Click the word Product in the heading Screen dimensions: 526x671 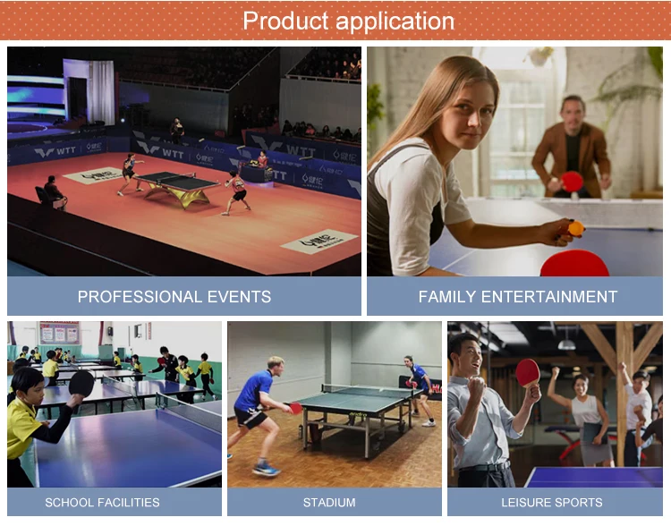[285, 21]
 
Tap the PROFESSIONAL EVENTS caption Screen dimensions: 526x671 [174, 296]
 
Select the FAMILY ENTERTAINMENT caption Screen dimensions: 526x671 [517, 296]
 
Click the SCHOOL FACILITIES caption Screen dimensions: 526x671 [102, 502]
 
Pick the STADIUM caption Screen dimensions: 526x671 [329, 502]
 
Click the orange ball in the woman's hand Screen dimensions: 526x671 [576, 228]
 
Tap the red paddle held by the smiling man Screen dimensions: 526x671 [528, 370]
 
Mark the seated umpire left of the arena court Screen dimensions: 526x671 [54, 192]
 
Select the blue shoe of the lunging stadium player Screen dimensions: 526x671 [265, 468]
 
